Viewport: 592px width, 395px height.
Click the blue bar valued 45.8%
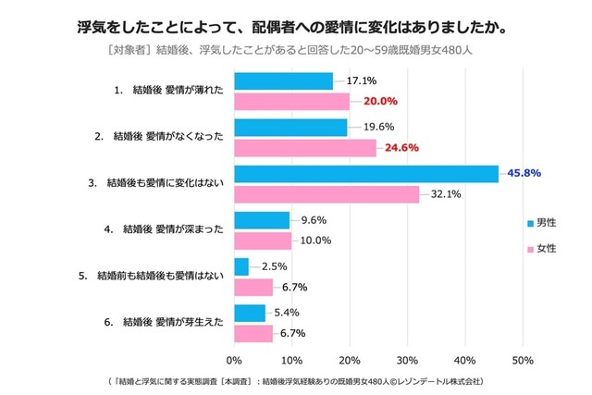point(366,174)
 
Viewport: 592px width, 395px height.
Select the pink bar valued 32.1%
point(327,194)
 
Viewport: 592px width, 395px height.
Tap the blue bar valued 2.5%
point(241,266)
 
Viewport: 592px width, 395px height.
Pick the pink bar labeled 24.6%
point(305,148)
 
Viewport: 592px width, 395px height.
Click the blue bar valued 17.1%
point(283,81)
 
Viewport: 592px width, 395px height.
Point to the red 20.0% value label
point(379,102)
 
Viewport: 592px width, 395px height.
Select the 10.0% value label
point(316,241)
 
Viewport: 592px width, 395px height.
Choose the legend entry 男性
point(542,223)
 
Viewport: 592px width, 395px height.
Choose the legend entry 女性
point(542,249)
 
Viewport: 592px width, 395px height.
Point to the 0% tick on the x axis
point(234,360)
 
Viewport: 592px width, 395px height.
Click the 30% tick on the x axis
point(407,360)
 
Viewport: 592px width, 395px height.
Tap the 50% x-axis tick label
point(523,360)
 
